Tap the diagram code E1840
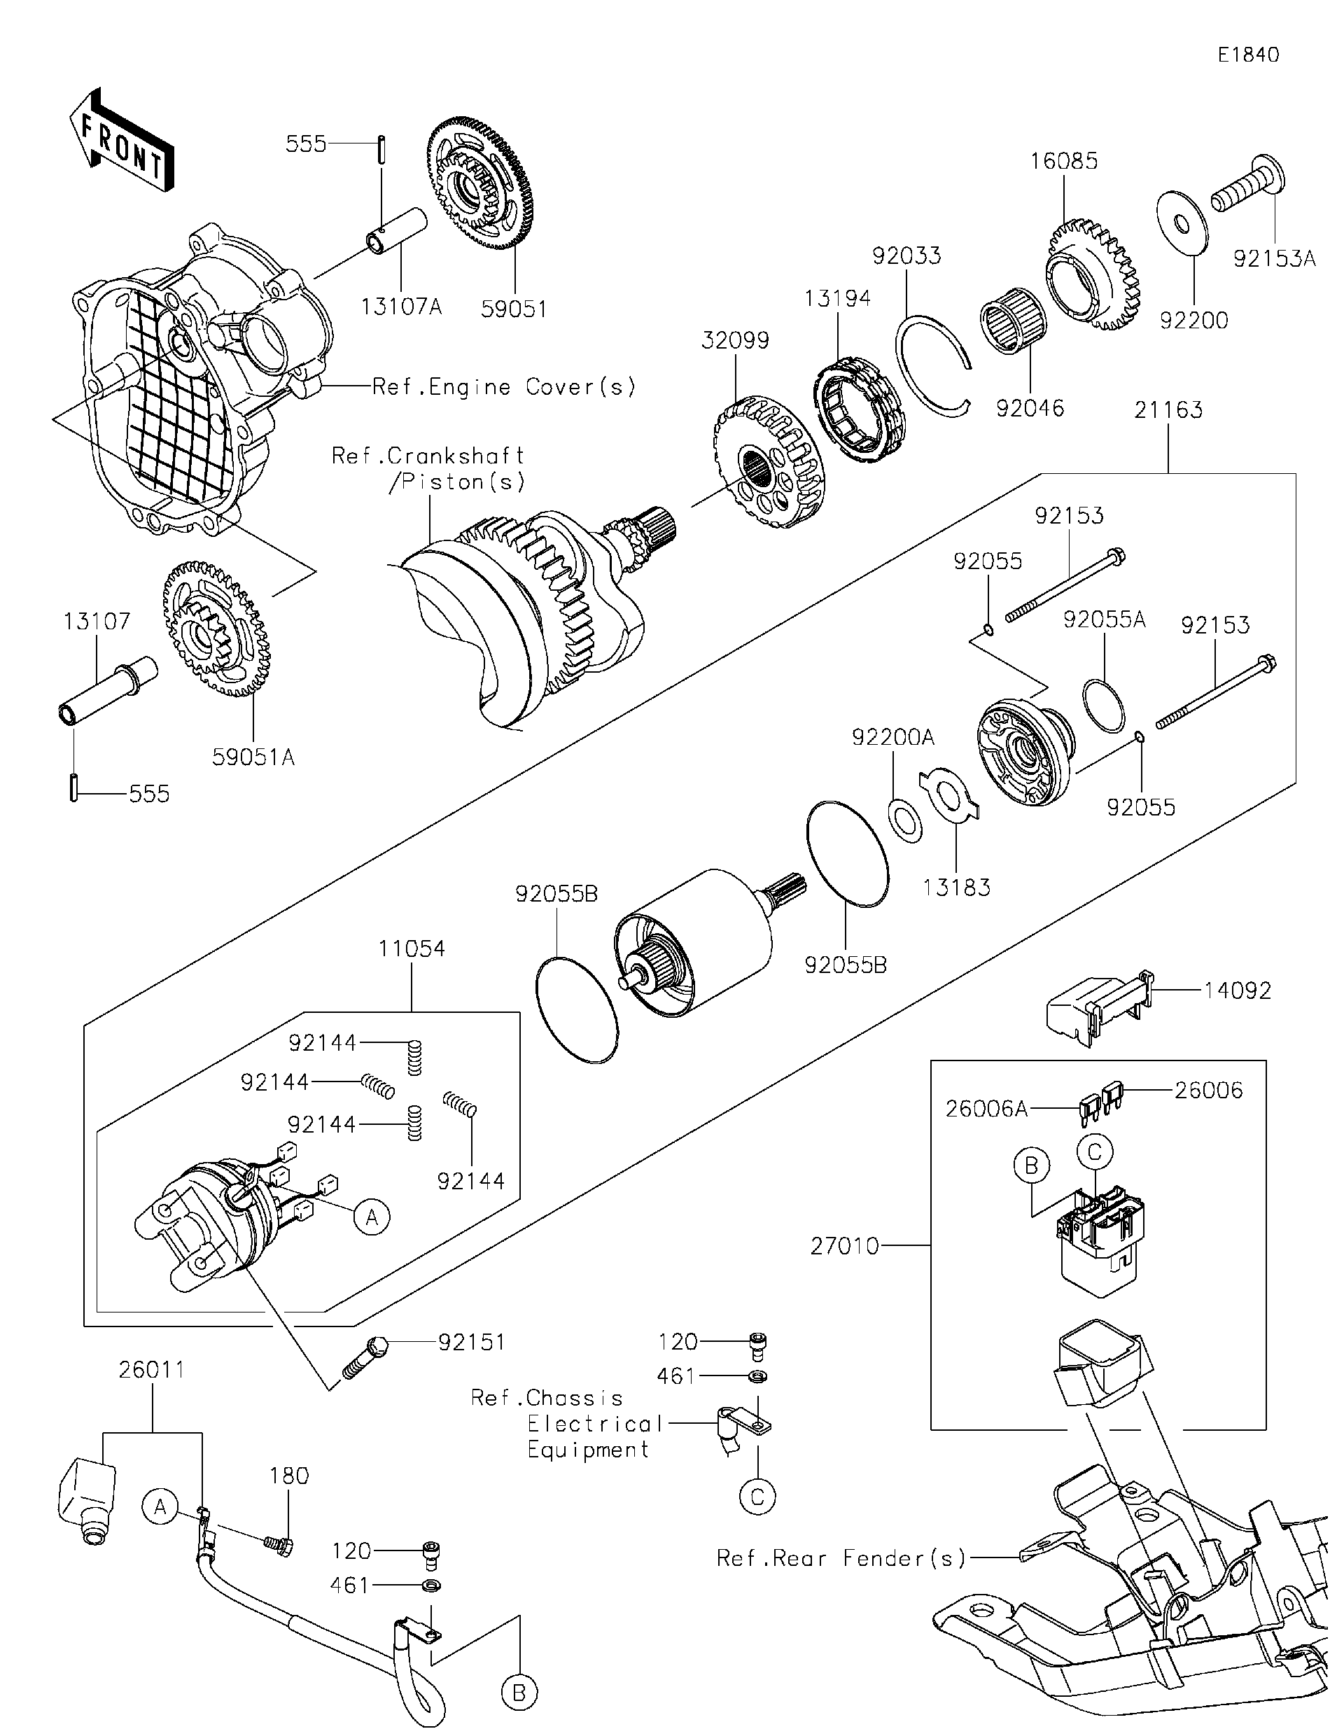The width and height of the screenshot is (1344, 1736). (x=1249, y=54)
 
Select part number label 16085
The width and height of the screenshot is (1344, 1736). (x=1063, y=162)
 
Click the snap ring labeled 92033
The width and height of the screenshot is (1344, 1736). (x=932, y=363)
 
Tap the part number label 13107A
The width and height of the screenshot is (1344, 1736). (x=400, y=307)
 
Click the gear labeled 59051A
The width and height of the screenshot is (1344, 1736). (x=216, y=628)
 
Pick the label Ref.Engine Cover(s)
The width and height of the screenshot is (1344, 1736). (x=504, y=387)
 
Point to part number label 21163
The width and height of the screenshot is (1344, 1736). (x=1168, y=410)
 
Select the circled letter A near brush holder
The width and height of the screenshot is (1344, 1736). (x=372, y=1217)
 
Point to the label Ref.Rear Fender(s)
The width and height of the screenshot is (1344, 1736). (x=841, y=1558)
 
